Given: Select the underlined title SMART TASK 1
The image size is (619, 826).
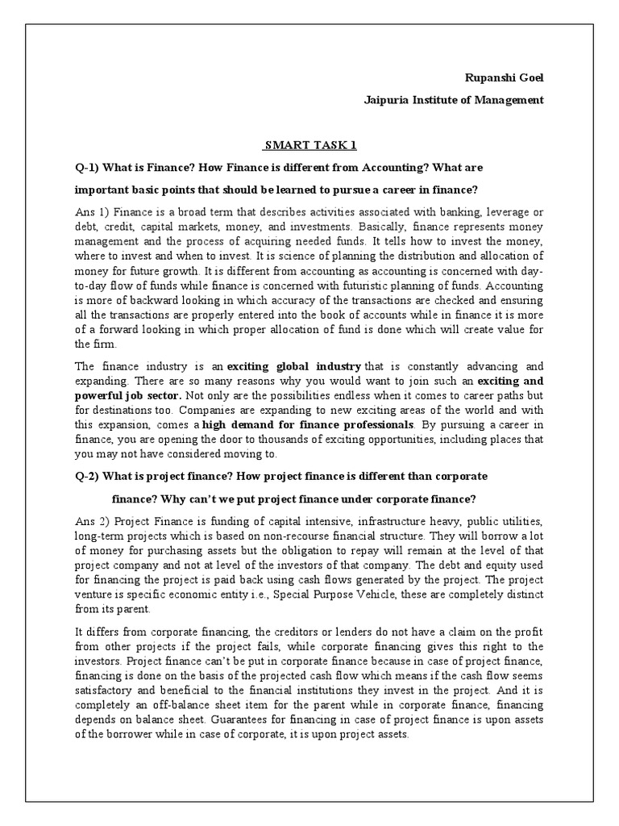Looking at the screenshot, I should (x=310, y=146).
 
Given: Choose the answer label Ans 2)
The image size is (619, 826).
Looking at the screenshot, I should (x=89, y=521).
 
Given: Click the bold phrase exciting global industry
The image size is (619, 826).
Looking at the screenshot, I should (x=294, y=366).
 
